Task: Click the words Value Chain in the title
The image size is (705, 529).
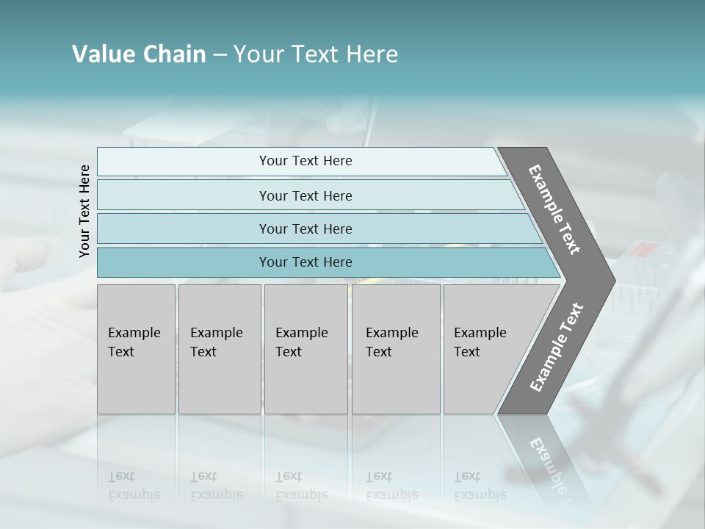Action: (x=139, y=54)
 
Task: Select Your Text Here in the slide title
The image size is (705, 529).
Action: (x=316, y=54)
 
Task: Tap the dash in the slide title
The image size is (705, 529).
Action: (x=219, y=55)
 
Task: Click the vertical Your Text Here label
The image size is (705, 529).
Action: (x=84, y=211)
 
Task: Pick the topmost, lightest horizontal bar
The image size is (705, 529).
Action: (x=305, y=161)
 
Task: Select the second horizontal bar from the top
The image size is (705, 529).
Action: (x=305, y=195)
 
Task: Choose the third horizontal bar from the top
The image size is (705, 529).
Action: (x=305, y=228)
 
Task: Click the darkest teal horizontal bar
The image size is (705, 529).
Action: (x=305, y=262)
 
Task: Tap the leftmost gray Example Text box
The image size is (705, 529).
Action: (x=136, y=349)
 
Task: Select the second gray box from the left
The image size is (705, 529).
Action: (x=220, y=349)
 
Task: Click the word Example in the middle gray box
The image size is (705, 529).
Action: (x=301, y=333)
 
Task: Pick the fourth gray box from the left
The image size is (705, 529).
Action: (x=396, y=349)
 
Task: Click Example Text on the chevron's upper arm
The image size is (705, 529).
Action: (x=554, y=209)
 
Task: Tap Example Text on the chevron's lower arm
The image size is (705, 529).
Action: (x=557, y=347)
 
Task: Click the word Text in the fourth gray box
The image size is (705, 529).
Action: (x=379, y=352)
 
